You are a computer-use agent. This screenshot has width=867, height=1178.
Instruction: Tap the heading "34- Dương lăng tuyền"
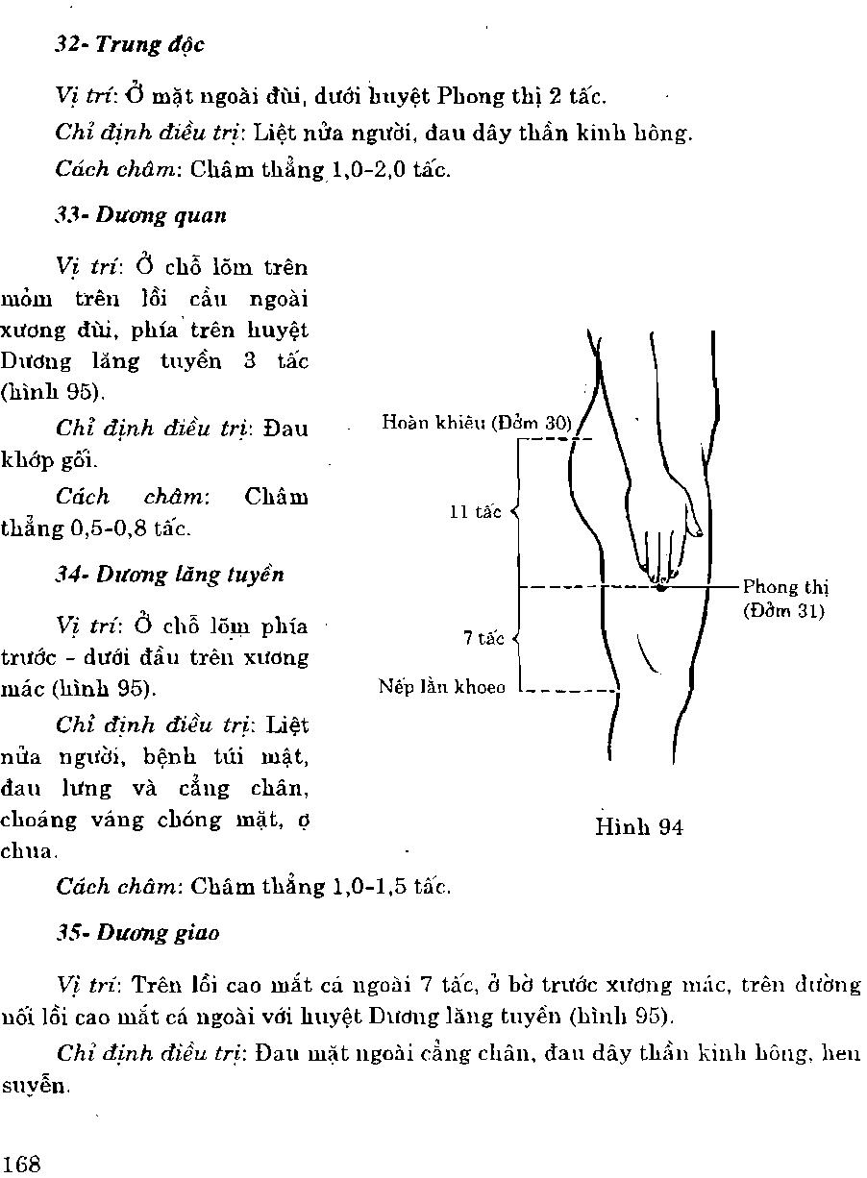[169, 575]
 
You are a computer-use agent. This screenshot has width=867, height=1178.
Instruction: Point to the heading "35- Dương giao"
[136, 933]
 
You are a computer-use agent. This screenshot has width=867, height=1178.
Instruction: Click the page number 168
[22, 1165]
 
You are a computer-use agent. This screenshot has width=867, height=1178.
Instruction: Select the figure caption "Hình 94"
[639, 826]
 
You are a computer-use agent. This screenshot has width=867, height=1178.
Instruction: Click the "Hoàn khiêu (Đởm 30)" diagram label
[476, 422]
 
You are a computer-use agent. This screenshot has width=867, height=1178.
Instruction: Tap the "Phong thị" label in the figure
[785, 588]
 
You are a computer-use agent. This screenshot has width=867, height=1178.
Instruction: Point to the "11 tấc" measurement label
[476, 512]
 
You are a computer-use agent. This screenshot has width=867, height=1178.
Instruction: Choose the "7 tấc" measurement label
[483, 638]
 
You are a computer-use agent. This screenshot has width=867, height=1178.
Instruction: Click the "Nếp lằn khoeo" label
[441, 688]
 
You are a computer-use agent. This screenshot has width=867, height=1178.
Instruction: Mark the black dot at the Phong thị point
[660, 586]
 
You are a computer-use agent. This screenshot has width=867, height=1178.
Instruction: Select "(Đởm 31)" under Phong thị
[783, 609]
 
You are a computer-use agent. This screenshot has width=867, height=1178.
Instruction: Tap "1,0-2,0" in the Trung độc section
[369, 171]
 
